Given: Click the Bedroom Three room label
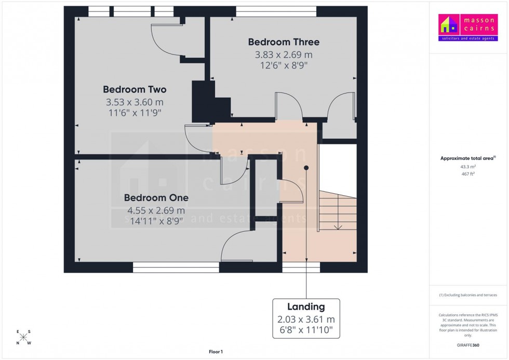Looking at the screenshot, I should [x=284, y=42].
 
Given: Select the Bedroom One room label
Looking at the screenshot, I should [x=156, y=198].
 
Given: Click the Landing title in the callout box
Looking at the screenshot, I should [x=306, y=307].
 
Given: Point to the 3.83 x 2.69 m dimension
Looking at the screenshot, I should [x=284, y=55].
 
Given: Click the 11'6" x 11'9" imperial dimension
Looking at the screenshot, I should [x=135, y=113].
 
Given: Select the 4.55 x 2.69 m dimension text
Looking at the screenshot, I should [x=156, y=210].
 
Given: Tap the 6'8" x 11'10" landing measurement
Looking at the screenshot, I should [x=306, y=329].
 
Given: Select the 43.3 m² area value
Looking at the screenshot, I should [x=468, y=167].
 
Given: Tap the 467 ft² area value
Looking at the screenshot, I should [x=468, y=175].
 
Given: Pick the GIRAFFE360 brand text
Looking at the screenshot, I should [x=468, y=345].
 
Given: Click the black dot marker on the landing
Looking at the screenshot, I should [x=306, y=168].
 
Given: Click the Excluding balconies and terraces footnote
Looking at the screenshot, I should [x=468, y=295].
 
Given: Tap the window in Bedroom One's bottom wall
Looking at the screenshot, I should [x=176, y=268].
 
